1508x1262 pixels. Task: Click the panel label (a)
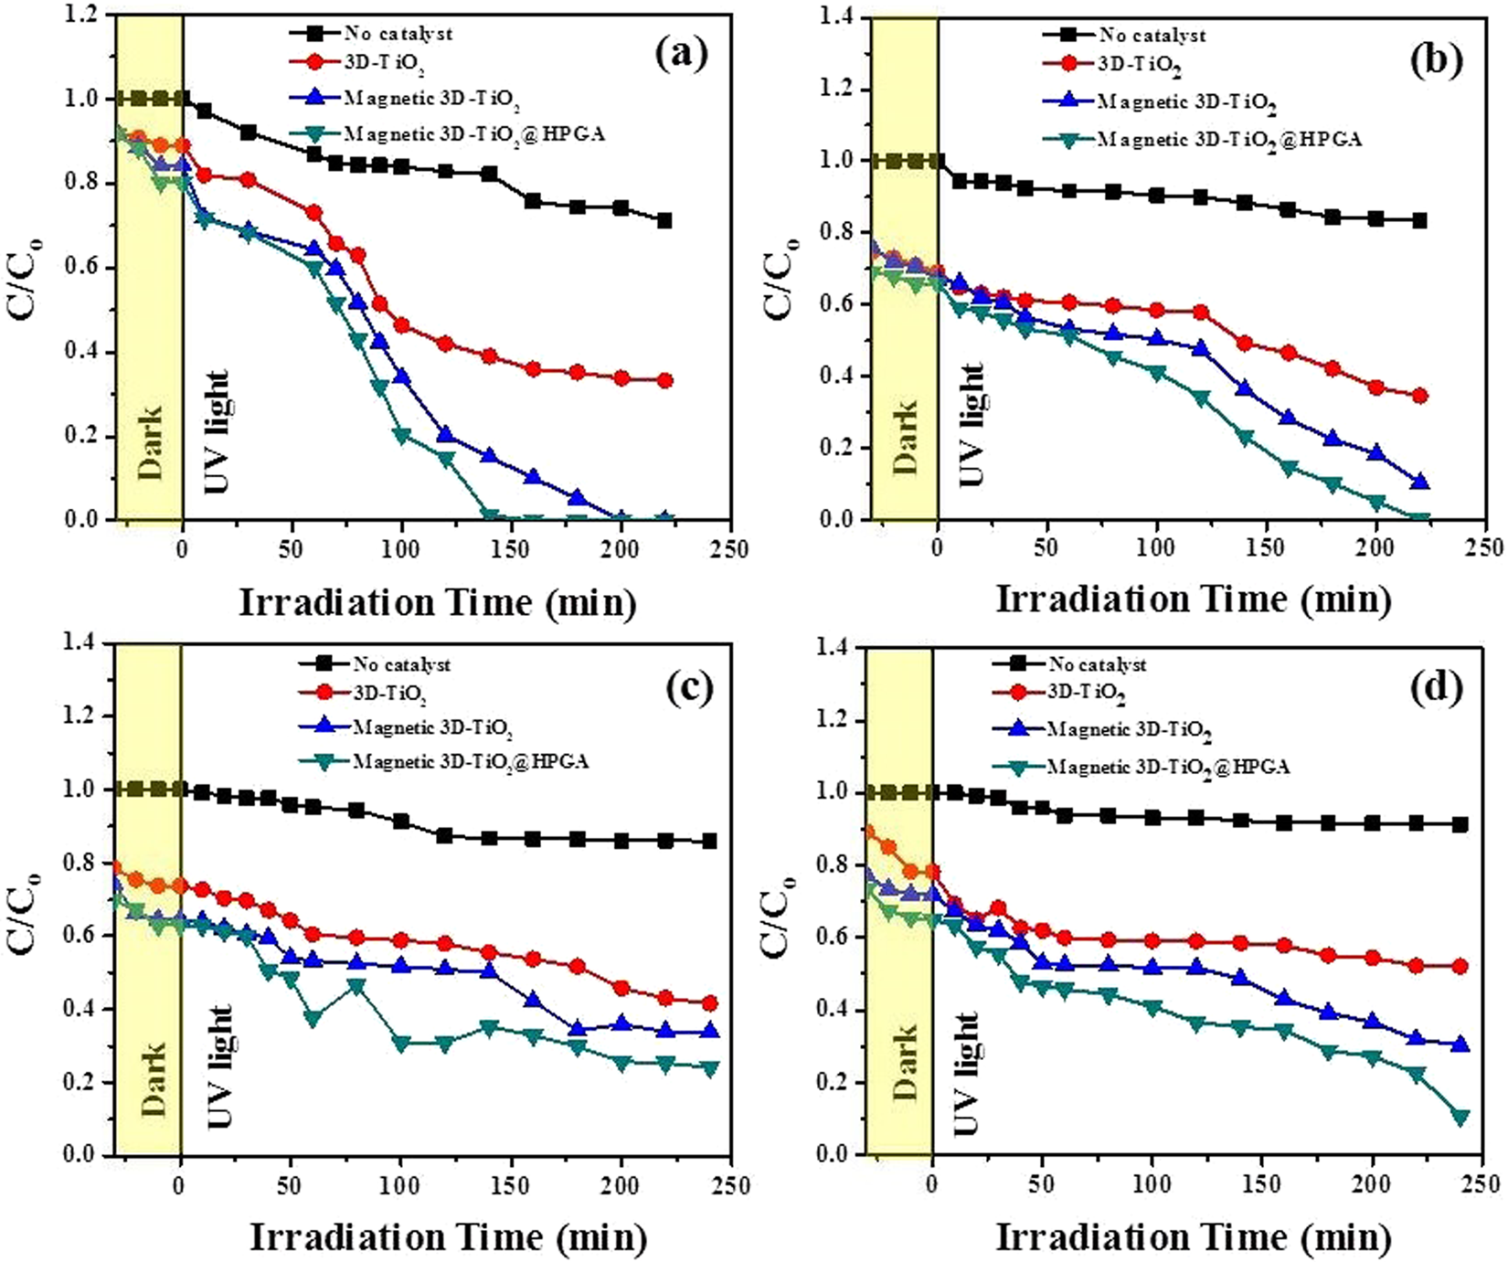(x=682, y=57)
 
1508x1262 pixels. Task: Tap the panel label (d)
(x=1437, y=686)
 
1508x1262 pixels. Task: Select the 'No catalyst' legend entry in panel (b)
(x=1151, y=36)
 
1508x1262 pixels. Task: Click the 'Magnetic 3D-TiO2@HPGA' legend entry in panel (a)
(x=473, y=134)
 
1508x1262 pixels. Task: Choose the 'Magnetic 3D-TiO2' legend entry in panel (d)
(x=1130, y=731)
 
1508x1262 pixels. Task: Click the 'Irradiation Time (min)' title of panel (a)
(x=437, y=603)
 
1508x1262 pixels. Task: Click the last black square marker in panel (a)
(x=664, y=220)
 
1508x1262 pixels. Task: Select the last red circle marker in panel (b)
(x=1419, y=396)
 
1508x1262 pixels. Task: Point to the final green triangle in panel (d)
(x=1460, y=1117)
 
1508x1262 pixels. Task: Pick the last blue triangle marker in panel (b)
(x=1419, y=482)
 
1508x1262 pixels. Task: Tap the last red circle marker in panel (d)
(x=1460, y=966)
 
